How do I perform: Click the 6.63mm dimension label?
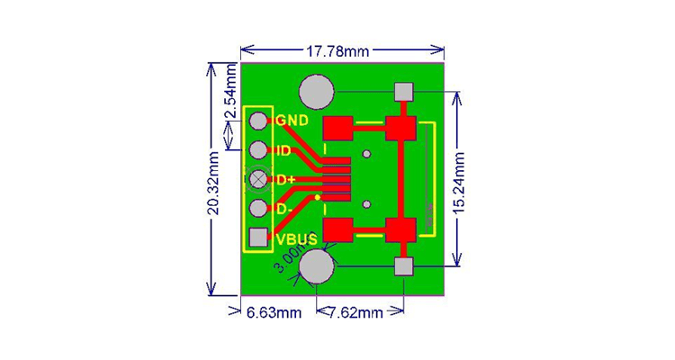(x=274, y=313)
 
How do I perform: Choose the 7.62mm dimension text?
(x=356, y=313)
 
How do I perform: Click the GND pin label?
(x=292, y=121)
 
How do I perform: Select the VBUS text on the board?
(x=296, y=239)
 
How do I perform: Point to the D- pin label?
(x=283, y=210)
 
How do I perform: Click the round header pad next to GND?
(x=259, y=121)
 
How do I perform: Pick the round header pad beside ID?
(x=259, y=149)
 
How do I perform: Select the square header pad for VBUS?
(x=259, y=238)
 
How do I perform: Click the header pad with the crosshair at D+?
(x=259, y=179)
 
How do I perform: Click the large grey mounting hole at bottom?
(x=317, y=266)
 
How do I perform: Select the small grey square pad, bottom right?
(x=403, y=266)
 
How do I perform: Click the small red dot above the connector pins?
(x=365, y=154)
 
